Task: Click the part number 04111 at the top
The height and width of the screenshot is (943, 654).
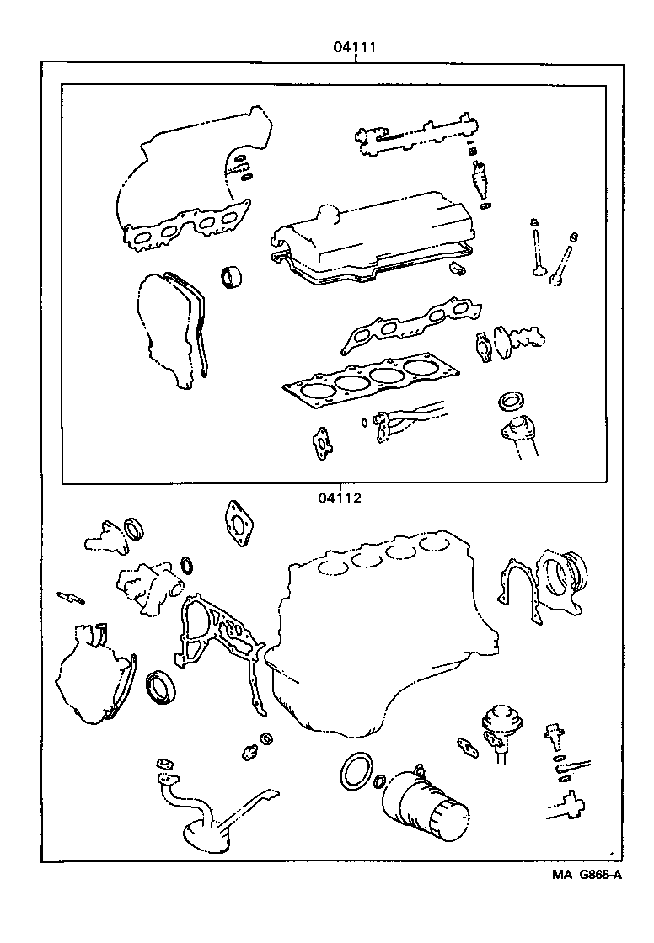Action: [352, 48]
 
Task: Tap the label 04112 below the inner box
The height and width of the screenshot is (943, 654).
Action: [340, 497]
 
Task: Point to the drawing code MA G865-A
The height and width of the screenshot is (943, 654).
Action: [587, 875]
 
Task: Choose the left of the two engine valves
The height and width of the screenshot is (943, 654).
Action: [536, 248]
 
